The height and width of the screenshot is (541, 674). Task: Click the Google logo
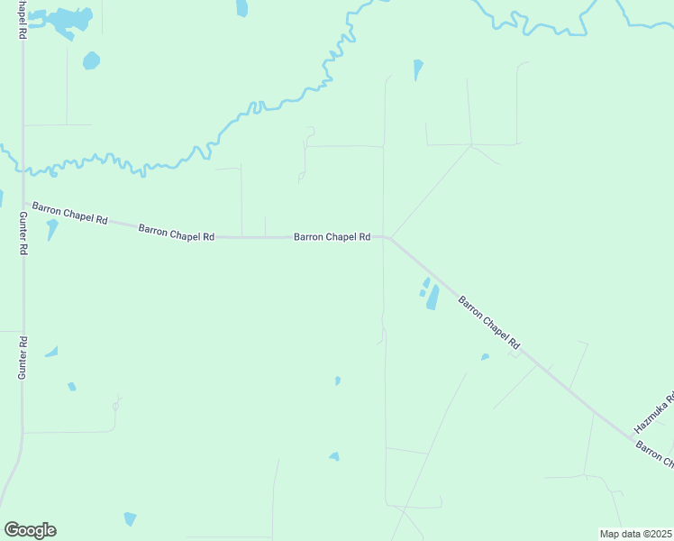click(x=30, y=530)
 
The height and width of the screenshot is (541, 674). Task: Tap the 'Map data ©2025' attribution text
click(x=636, y=534)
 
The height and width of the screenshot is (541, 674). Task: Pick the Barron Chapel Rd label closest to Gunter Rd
click(x=70, y=213)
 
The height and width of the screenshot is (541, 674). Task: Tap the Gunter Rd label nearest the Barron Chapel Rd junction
click(x=24, y=234)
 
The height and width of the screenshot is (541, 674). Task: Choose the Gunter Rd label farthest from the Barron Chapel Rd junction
click(x=23, y=357)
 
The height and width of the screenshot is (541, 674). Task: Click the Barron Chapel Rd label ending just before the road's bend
click(x=332, y=237)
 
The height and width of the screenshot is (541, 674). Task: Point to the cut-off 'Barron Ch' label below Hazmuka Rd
click(x=655, y=454)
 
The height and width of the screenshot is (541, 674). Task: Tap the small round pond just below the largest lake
click(x=91, y=60)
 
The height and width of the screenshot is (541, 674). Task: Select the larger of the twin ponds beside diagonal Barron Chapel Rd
click(x=433, y=297)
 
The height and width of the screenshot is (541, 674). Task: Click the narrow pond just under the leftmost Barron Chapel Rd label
click(x=51, y=229)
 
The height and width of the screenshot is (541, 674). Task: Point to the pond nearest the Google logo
click(x=131, y=519)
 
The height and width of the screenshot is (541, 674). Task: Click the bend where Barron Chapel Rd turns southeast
click(x=387, y=238)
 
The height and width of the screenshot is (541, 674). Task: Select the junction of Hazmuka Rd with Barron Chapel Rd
click(x=631, y=437)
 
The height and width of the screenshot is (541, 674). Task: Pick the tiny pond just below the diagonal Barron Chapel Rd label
click(x=485, y=357)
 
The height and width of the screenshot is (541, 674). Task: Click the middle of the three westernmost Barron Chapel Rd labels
click(x=176, y=233)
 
